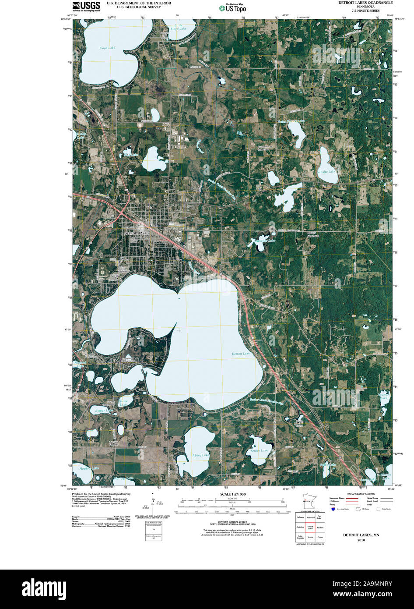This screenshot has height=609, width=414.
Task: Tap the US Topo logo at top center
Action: click(x=232, y=7)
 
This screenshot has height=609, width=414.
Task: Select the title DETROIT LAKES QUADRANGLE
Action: click(x=365, y=3)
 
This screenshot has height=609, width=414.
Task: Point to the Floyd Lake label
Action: click(x=107, y=48)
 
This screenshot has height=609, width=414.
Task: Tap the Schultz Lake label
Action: click(x=327, y=171)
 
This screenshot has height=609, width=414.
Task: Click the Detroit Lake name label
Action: click(x=241, y=354)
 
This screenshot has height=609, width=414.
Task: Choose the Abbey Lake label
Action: click(x=200, y=455)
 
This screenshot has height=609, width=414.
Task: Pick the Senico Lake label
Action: click(x=259, y=450)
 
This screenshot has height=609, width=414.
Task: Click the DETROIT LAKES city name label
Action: click(x=136, y=234)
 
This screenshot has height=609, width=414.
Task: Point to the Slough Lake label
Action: click(x=104, y=411)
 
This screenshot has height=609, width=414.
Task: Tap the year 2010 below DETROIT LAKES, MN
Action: click(x=361, y=540)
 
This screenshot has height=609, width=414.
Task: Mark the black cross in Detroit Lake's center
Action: click(x=179, y=330)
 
